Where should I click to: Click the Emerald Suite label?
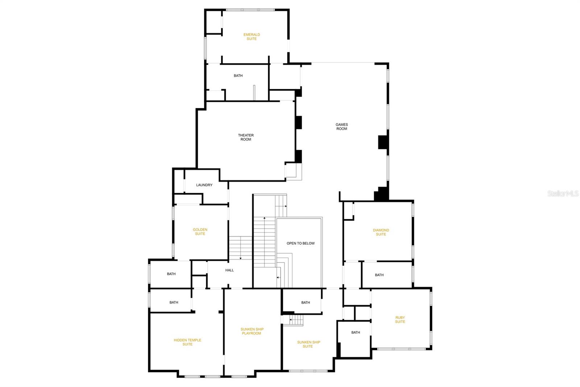click(x=252, y=37)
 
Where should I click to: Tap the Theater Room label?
click(x=246, y=137)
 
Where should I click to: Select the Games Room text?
click(x=341, y=127)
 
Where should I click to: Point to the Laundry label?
click(x=204, y=185)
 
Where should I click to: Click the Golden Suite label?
click(x=200, y=232)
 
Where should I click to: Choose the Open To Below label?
click(x=301, y=243)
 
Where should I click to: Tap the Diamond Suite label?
click(x=381, y=232)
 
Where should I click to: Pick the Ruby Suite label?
click(x=400, y=320)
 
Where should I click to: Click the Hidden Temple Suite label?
click(x=187, y=342)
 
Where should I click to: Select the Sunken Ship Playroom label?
click(x=252, y=331)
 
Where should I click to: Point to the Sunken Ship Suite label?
click(x=308, y=344)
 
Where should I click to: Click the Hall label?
click(x=229, y=270)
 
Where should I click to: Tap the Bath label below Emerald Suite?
click(x=238, y=76)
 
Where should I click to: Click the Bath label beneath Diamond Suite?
click(x=379, y=275)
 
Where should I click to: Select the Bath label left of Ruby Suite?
click(x=356, y=333)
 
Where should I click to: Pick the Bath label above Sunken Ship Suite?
click(x=306, y=303)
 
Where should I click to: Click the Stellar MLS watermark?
click(x=563, y=194)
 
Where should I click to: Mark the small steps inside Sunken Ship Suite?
click(x=296, y=320)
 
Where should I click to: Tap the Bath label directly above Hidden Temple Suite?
click(x=174, y=302)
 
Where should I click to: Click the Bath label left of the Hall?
click(x=171, y=274)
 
